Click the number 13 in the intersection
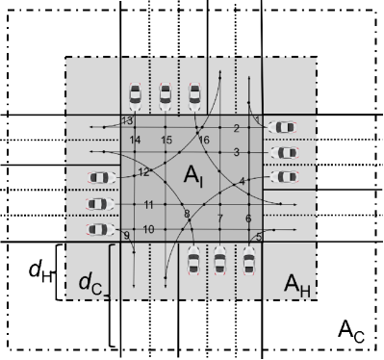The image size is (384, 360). click(127, 120)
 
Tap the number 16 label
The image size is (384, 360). click(204, 141)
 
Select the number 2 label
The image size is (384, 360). click(236, 129)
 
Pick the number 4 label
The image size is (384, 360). click(243, 181)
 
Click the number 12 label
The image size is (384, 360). click(142, 172)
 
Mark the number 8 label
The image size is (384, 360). click(187, 213)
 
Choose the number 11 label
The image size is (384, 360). click(148, 205)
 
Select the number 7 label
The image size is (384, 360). click(219, 219)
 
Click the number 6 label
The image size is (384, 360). click(248, 219)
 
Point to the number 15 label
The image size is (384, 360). click(166, 141)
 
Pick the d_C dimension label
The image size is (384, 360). click(90, 284)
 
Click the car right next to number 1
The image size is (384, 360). click(283, 126)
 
